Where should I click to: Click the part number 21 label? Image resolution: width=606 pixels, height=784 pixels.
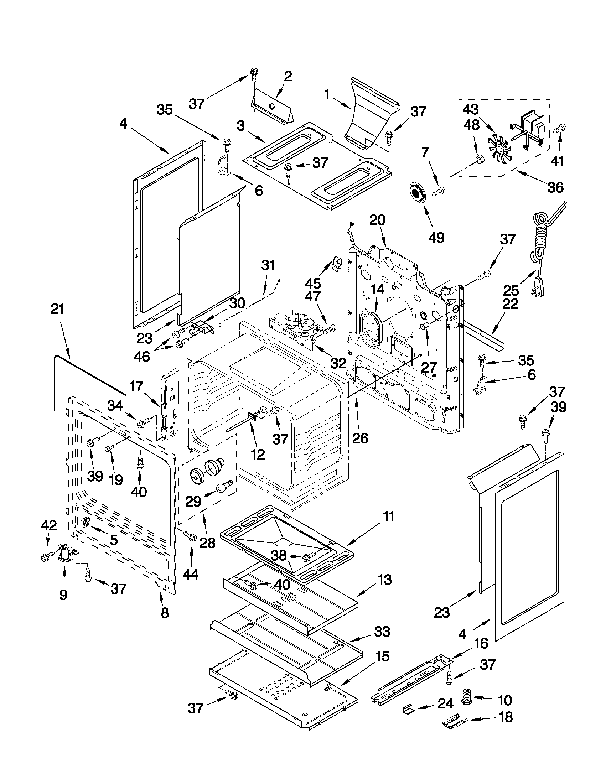pyautogui.click(x=57, y=310)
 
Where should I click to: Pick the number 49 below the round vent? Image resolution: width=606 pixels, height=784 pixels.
pyautogui.click(x=436, y=237)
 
